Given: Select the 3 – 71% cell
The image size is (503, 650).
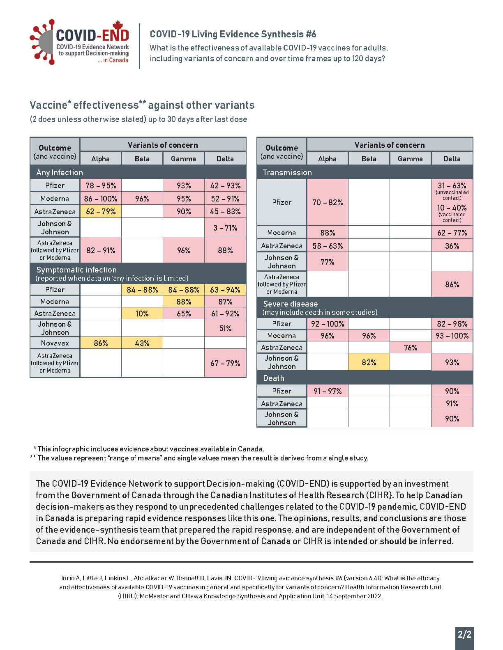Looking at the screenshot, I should pos(225,228).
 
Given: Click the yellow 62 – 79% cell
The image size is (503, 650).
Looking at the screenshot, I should pos(101,212).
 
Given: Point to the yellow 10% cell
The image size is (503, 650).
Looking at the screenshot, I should pos(142,314).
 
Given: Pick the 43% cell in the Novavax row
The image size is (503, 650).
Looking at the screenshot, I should pos(142,343).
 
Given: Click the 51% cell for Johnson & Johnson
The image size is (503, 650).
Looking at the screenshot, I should pos(225,328).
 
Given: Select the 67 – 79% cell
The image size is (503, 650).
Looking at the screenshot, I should pos(225,363).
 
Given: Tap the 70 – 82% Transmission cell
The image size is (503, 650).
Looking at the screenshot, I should pos(328,202).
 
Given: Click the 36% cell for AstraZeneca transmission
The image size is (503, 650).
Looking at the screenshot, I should pos(452,246).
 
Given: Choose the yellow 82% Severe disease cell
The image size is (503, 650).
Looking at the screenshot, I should pos(369,362).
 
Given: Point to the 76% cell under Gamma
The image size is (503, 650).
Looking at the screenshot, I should pos(411,348).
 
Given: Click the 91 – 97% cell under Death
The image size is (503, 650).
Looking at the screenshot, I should pos(328,391).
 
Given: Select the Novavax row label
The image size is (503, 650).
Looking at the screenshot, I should pos(55,343).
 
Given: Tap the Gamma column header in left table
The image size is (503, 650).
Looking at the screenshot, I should pos(183,159).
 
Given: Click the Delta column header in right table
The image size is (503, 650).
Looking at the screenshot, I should pos(452,159).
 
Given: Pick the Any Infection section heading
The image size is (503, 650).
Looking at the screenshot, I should pos(60,172).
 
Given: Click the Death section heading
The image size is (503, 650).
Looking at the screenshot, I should pos(274,378).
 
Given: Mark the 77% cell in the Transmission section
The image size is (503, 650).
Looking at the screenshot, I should pos(328,262).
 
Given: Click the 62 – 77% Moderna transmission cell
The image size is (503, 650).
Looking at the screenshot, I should pos(452,233).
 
